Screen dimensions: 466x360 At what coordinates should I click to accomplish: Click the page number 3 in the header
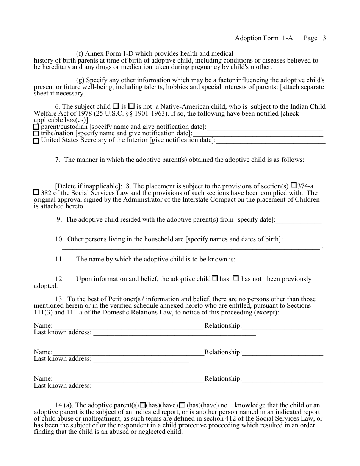pos(324,38)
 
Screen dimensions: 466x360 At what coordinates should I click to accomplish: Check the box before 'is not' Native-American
pos(131,106)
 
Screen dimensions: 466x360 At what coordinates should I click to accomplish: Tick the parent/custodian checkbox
pos(36,127)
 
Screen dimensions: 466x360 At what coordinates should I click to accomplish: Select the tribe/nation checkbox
pos(36,134)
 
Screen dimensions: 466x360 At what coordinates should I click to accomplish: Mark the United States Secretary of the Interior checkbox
pos(36,141)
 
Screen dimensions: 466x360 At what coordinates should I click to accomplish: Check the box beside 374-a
pos(293,186)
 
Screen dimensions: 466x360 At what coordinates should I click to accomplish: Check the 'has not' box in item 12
pos(235,278)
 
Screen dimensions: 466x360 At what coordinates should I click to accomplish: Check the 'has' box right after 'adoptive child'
pos(214,278)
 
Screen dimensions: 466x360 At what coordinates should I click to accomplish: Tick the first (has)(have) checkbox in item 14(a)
pos(143,405)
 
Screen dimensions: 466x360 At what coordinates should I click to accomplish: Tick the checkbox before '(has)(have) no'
pos(182,405)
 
